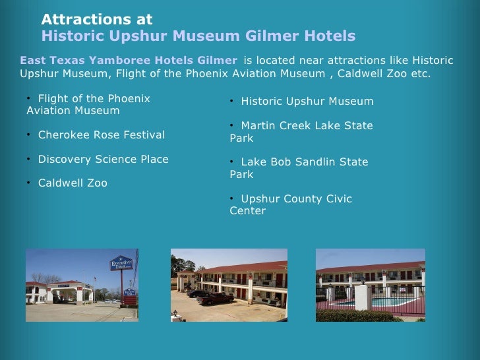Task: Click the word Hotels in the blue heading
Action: [330, 36]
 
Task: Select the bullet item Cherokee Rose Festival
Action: [101, 135]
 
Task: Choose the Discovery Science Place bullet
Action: [103, 160]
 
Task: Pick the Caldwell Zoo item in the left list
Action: [73, 183]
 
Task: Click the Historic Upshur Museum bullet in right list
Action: [307, 102]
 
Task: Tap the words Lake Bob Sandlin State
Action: [304, 162]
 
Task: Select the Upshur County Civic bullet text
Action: [296, 199]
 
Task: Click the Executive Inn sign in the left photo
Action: [121, 264]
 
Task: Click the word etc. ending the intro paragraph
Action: [420, 73]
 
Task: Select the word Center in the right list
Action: [247, 211]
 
